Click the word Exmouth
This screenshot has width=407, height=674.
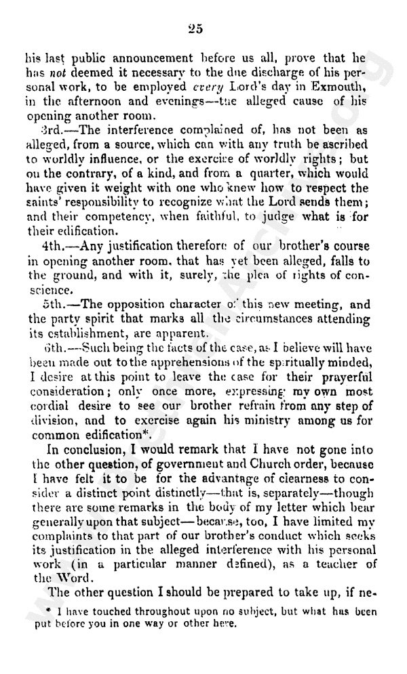337,87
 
